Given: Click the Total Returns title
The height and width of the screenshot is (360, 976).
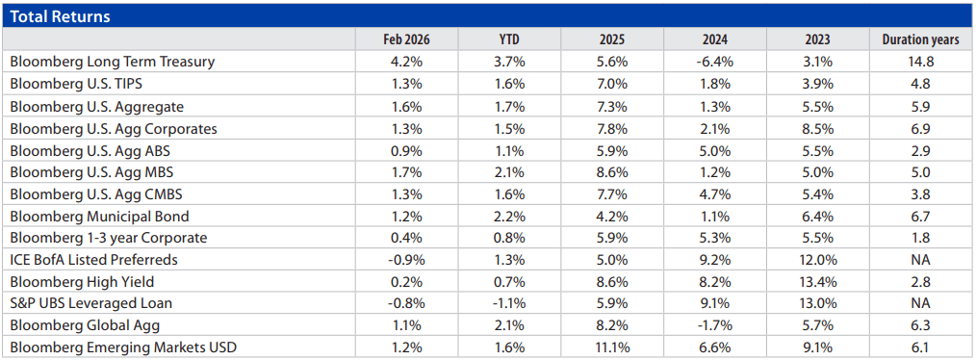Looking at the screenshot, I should click(x=60, y=16).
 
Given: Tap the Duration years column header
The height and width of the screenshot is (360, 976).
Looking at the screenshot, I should click(x=920, y=39).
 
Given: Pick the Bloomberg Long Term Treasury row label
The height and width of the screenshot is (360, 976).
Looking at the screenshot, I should click(x=112, y=62).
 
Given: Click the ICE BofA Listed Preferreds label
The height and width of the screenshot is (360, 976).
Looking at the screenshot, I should click(x=94, y=259).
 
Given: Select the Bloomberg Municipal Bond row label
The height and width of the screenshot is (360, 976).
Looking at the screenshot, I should click(x=99, y=215).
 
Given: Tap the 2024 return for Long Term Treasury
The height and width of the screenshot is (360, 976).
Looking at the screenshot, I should click(x=713, y=62).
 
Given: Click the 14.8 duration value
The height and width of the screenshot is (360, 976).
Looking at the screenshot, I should click(x=920, y=62).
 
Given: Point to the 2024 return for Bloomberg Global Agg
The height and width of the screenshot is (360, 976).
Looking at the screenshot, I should click(x=713, y=324).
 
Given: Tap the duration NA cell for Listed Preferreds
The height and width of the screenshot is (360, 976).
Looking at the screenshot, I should click(x=920, y=259).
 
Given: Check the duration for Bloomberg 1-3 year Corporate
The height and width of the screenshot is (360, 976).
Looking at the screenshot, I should click(x=920, y=237).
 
